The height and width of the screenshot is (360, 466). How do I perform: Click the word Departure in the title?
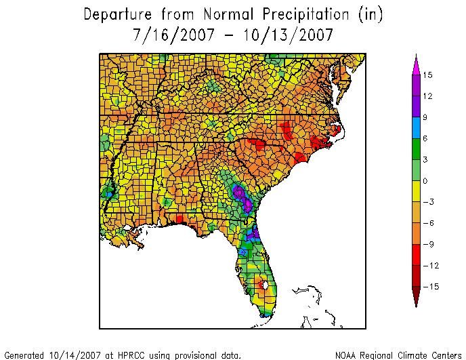tap(117, 14)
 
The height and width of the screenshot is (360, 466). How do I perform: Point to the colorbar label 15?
tap(427, 76)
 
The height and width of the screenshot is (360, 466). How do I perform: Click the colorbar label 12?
tap(427, 97)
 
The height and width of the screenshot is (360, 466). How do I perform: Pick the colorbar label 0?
tap(426, 181)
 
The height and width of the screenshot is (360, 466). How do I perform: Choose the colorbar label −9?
tap(429, 244)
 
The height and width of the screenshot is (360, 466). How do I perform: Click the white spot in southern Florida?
tap(265, 285)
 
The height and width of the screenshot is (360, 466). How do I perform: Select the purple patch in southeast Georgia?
tap(239, 194)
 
